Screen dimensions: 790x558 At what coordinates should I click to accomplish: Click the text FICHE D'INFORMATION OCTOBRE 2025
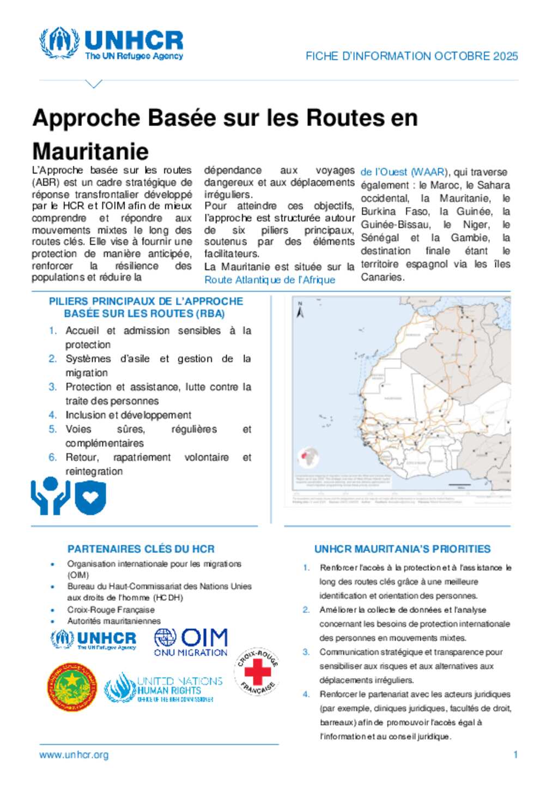click(411, 56)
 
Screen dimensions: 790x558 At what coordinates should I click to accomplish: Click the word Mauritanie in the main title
click(90, 151)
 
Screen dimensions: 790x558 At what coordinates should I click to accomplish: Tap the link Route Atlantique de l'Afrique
click(270, 280)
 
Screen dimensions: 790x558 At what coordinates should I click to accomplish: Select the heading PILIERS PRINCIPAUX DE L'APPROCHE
click(145, 301)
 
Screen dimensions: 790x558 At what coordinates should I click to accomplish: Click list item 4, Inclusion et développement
click(128, 415)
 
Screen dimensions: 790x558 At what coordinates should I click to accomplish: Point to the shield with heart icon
click(90, 497)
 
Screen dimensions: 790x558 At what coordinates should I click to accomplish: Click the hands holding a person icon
click(50, 495)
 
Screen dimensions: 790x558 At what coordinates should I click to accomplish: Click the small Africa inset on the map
click(308, 459)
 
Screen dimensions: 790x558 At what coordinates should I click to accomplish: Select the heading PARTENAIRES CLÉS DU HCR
click(141, 549)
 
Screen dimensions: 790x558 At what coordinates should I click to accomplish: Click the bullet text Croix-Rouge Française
click(111, 610)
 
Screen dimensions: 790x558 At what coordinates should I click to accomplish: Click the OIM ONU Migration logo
click(191, 642)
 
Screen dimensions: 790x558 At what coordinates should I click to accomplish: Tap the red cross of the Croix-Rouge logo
click(258, 671)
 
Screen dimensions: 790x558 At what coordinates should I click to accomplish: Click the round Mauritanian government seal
click(72, 687)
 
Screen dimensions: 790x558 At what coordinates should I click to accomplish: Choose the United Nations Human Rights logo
click(163, 688)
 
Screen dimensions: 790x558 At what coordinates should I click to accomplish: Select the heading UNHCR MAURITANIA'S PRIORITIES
click(402, 549)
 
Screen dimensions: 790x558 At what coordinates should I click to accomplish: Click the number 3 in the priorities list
click(306, 652)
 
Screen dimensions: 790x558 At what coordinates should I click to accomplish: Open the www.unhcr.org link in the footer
click(74, 755)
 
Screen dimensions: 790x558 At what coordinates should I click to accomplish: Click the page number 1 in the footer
click(515, 755)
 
